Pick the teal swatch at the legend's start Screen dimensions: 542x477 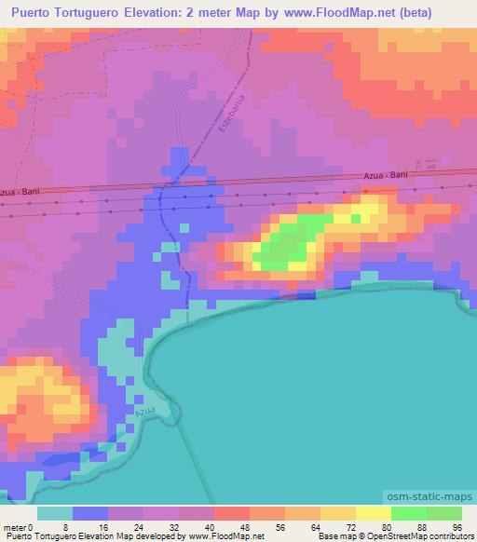coord(55,513)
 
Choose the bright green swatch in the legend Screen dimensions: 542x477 coord(408,513)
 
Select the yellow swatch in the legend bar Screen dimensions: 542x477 coord(373,513)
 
